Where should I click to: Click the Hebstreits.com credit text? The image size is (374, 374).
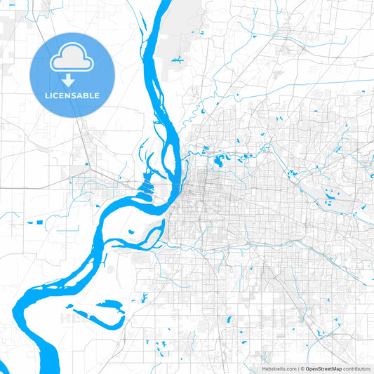tap(275, 368)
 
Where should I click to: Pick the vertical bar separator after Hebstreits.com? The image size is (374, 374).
tap(298, 368)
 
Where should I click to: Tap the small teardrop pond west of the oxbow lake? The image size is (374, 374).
tap(69, 307)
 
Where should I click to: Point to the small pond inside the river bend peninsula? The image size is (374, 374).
tap(131, 232)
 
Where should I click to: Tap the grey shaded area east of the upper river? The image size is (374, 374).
tap(184, 28)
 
